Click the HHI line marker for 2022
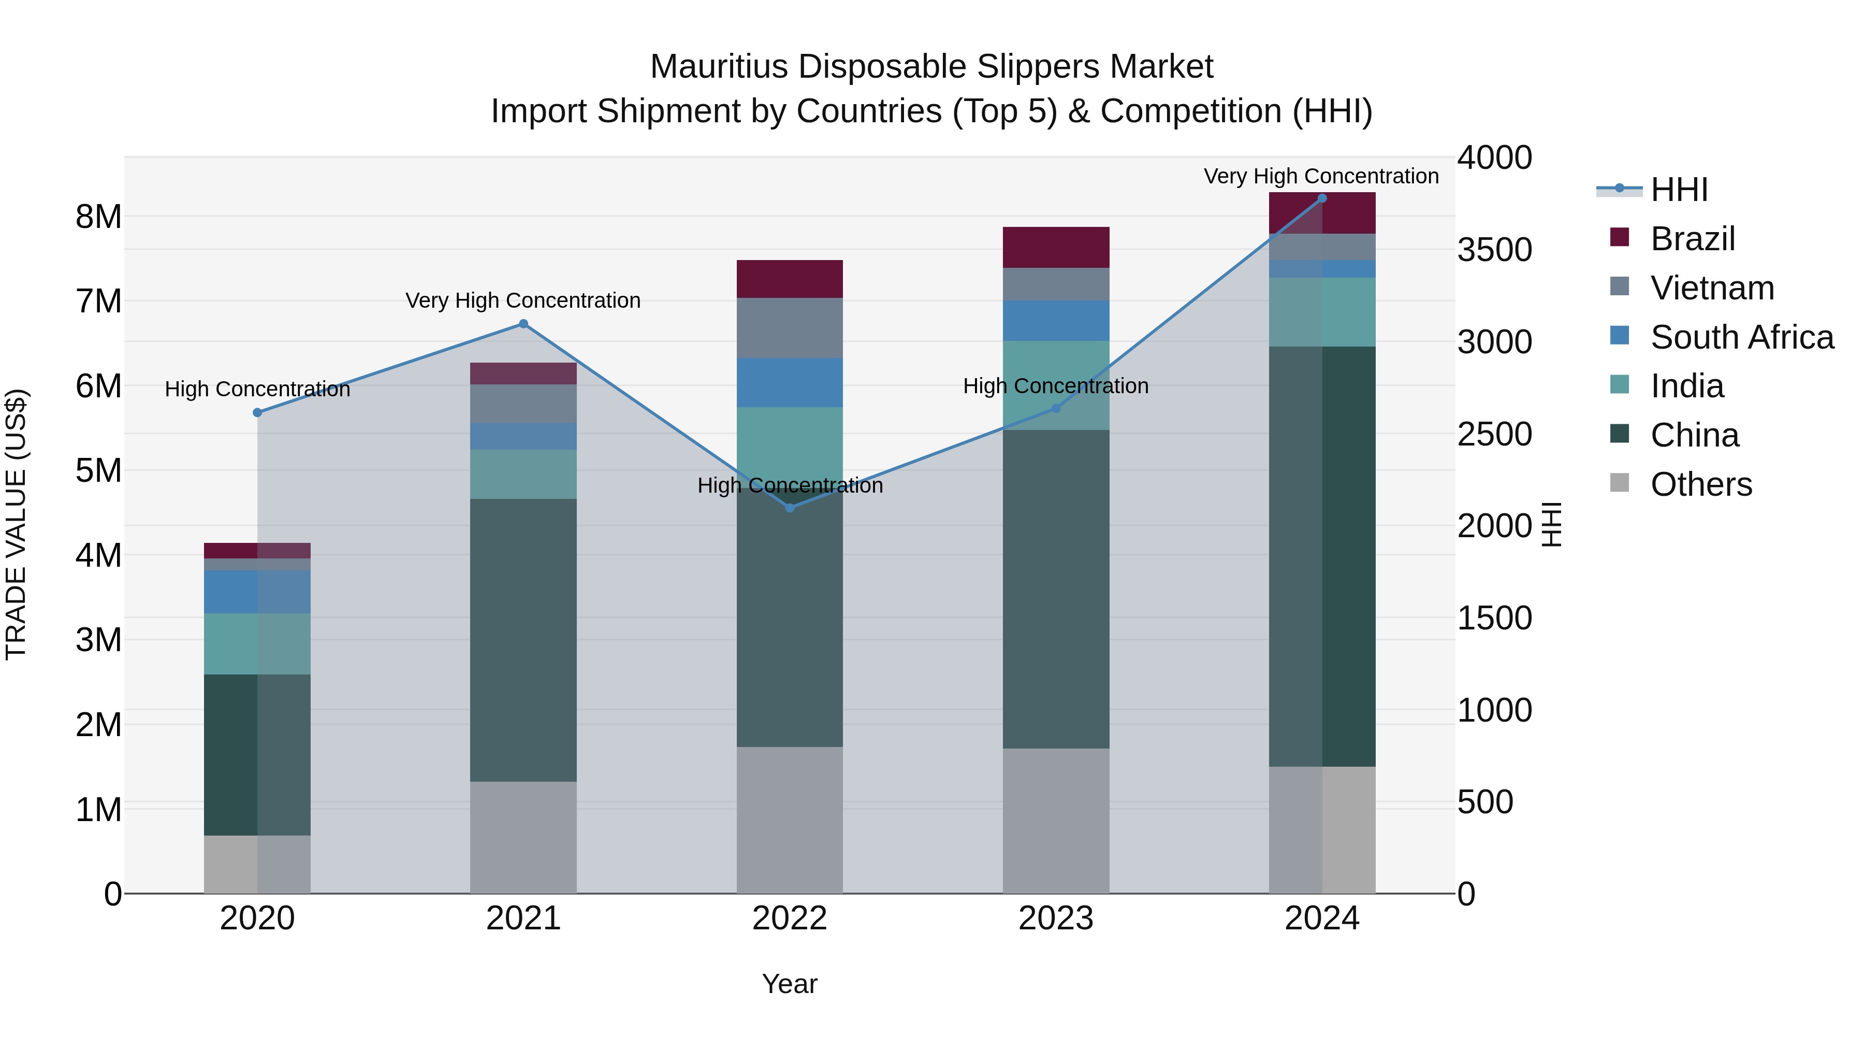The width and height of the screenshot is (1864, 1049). click(x=790, y=508)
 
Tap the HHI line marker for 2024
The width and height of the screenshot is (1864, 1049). click(x=1322, y=198)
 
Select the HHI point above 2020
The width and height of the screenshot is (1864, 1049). click(x=258, y=413)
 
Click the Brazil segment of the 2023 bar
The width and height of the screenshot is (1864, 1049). click(x=1056, y=248)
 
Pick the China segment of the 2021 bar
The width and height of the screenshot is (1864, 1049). click(x=523, y=640)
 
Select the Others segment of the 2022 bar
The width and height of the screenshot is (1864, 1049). click(x=790, y=820)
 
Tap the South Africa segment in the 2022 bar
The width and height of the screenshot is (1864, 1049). click(x=790, y=382)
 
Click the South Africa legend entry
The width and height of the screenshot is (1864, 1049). click(x=1742, y=337)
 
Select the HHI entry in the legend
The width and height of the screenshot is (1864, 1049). click(x=1679, y=190)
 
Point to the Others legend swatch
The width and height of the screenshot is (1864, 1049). click(x=1620, y=483)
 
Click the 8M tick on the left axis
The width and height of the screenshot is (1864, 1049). click(x=99, y=217)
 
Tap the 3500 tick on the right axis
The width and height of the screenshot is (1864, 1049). click(x=1494, y=250)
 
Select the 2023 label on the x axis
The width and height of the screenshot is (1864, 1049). click(x=1056, y=918)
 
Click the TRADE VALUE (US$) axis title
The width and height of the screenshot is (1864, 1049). click(x=16, y=524)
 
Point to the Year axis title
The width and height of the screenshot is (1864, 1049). click(x=790, y=984)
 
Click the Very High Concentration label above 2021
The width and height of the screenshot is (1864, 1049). click(x=523, y=300)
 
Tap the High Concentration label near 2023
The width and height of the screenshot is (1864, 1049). click(x=1056, y=386)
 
